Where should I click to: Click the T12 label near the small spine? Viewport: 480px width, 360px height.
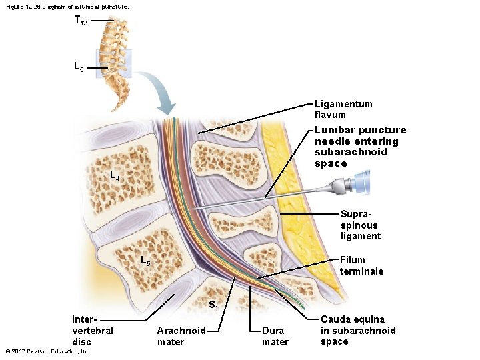tap(81, 21)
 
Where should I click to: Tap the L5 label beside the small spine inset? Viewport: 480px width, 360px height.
tap(79, 68)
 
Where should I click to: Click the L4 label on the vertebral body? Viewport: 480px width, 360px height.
tap(115, 177)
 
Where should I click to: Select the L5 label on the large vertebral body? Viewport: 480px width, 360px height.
tap(145, 261)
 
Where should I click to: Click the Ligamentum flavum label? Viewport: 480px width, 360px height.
tap(343, 109)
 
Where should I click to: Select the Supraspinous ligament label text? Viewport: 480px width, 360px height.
tap(361, 225)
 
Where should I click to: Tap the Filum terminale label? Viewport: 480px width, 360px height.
tap(361, 265)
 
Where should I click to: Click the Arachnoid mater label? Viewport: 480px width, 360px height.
tap(181, 336)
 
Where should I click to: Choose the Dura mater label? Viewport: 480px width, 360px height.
tap(275, 336)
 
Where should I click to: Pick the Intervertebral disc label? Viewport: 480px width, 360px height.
tap(92, 330)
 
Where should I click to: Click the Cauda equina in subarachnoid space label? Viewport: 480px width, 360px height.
tap(357, 331)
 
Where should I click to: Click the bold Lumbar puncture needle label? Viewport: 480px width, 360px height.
tap(359, 147)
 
